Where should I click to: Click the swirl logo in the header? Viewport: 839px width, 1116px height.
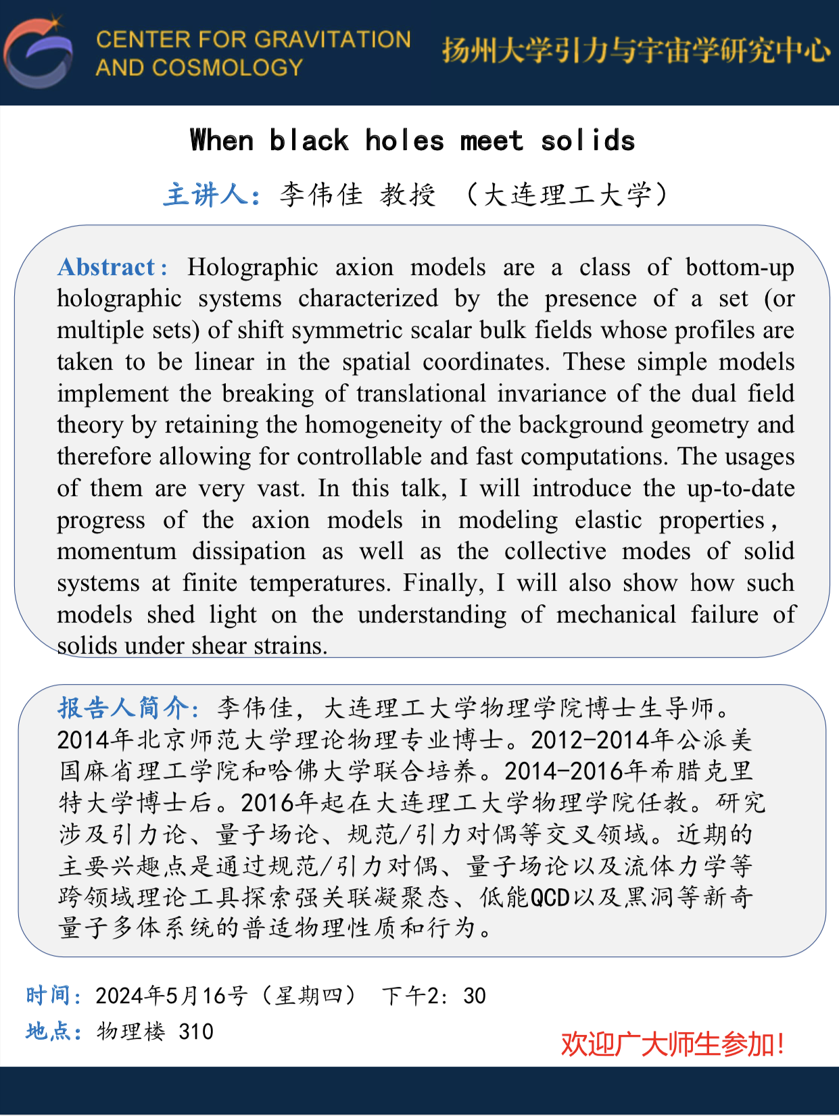tap(39, 53)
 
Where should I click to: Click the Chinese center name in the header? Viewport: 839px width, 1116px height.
tap(636, 51)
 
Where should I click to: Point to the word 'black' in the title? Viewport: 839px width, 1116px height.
tap(309, 141)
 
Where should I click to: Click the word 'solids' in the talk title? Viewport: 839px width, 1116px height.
tap(588, 141)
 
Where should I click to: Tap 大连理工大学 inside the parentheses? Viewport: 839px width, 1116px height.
tap(567, 195)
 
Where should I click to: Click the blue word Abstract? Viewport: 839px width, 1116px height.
tap(107, 267)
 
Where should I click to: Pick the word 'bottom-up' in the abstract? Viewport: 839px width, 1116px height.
tap(740, 267)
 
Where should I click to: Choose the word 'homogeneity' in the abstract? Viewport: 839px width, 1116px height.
tap(376, 424)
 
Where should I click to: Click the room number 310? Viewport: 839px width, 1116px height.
tap(196, 1032)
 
